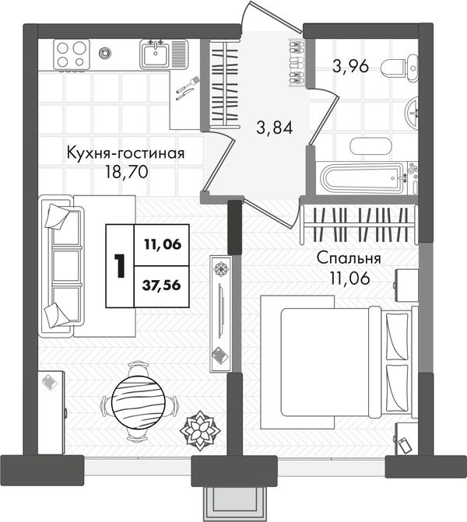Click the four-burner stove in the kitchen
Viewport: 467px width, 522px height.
(x=72, y=54)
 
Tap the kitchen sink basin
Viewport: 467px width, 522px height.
(x=156, y=54)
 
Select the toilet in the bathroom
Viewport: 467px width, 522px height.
(x=400, y=68)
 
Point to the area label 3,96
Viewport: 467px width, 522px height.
(x=350, y=66)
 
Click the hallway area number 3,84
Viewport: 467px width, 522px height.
(x=275, y=127)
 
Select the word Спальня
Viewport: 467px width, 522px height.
(x=349, y=258)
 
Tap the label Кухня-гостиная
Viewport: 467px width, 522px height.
(x=125, y=153)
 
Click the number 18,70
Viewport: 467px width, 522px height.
(x=127, y=172)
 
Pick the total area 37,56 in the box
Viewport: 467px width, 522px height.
(x=162, y=285)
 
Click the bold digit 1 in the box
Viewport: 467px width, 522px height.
(x=119, y=265)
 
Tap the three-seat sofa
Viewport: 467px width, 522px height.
(x=61, y=266)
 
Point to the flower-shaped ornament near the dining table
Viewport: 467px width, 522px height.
(x=200, y=430)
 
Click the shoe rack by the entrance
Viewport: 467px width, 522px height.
(x=297, y=62)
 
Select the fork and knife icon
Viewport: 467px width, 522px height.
(x=188, y=88)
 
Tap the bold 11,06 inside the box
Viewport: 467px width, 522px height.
(x=163, y=245)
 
